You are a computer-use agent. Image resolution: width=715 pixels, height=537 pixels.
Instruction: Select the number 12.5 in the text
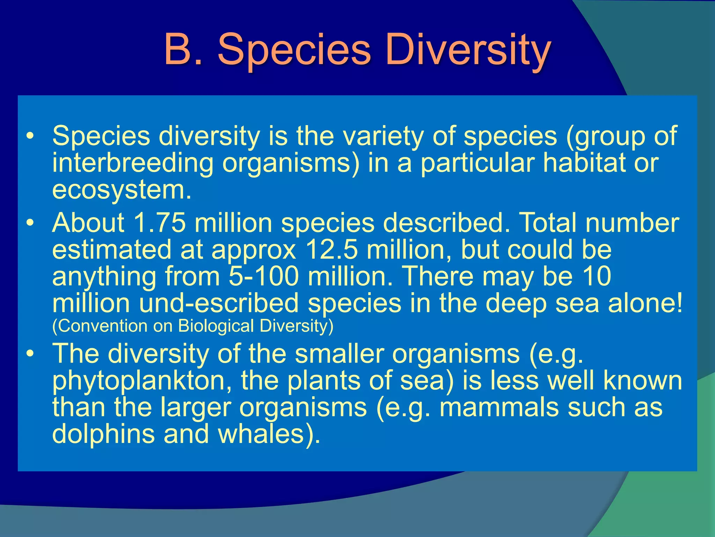331,250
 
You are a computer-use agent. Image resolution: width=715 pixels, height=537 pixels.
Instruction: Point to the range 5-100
264,276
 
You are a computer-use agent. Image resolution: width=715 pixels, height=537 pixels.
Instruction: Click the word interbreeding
133,163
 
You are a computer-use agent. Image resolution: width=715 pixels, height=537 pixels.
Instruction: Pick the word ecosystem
121,190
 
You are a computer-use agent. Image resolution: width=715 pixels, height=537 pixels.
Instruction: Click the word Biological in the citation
216,326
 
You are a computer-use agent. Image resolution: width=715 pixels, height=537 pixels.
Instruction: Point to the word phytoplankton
142,381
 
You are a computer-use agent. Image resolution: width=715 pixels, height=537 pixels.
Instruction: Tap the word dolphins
103,434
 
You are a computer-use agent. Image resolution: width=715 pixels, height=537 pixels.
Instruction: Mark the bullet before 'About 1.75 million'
31,223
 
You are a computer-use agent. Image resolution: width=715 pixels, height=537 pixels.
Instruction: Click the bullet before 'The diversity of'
31,354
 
